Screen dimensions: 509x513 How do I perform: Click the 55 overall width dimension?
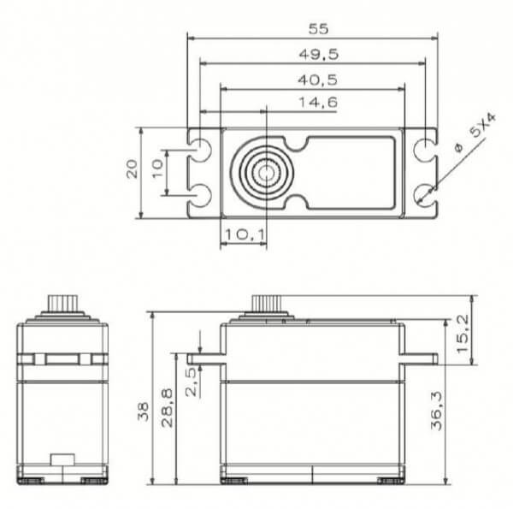pyautogui.click(x=318, y=28)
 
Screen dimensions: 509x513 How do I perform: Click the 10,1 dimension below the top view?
pyautogui.click(x=243, y=233)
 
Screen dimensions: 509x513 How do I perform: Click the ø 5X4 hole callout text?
pyautogui.click(x=469, y=138)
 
